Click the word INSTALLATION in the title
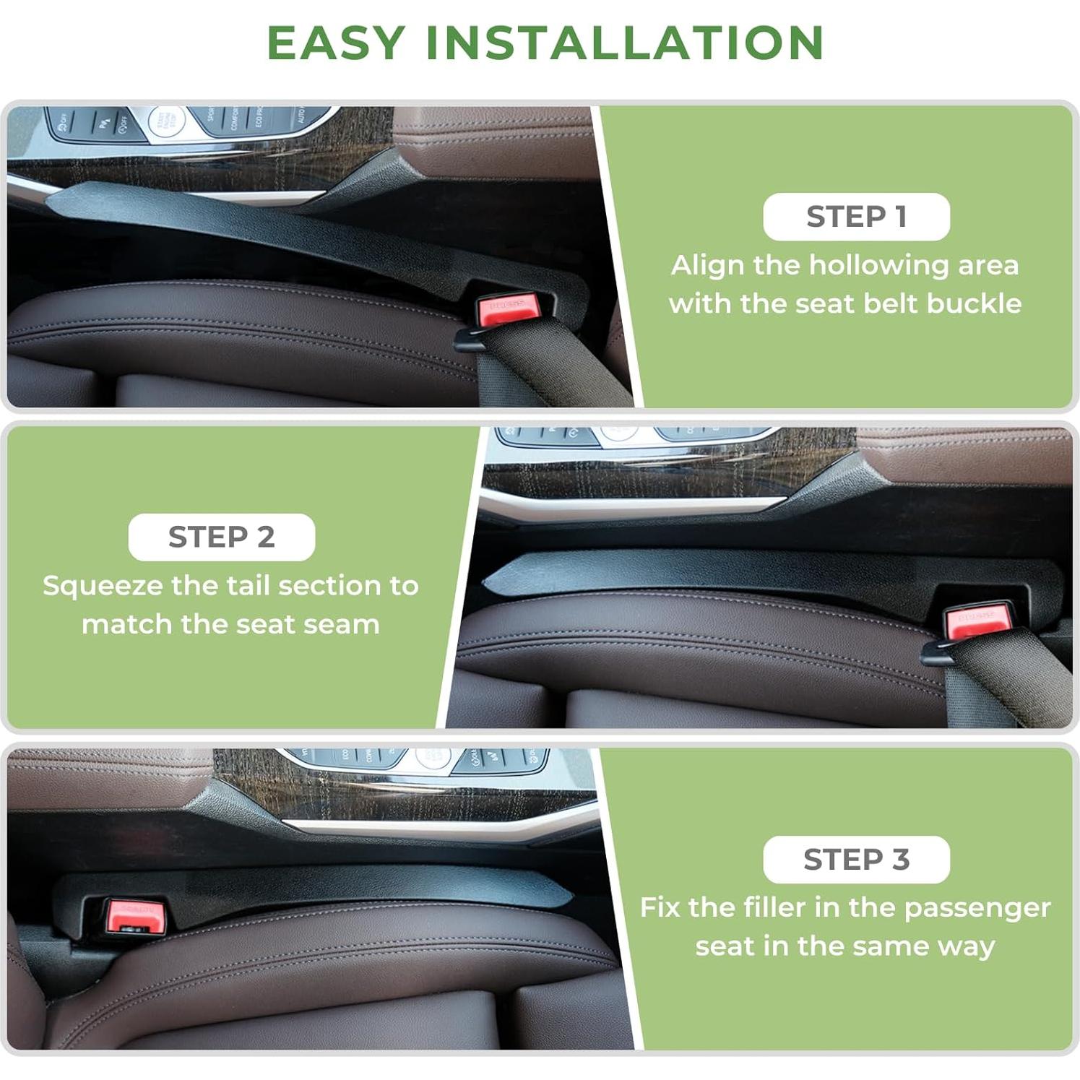coord(625,43)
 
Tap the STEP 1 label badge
coord(856,217)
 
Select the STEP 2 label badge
coord(222,537)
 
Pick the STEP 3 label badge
coord(856,860)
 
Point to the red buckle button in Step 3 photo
coord(135,914)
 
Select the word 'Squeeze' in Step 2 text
coord(102,586)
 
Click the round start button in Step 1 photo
coord(165,121)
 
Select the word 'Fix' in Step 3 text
coord(660,907)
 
